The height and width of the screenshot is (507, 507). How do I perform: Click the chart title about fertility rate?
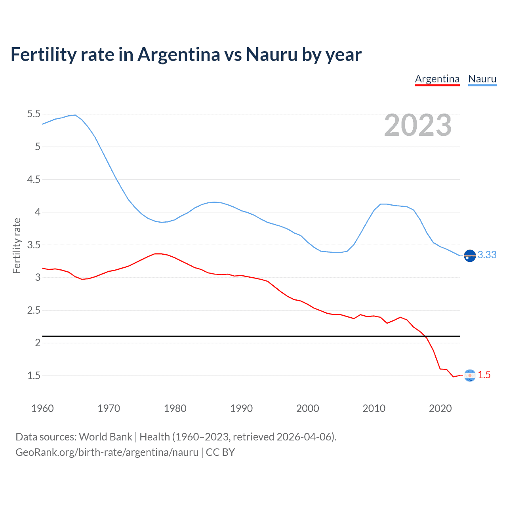186,55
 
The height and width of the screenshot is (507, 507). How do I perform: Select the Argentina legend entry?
437,79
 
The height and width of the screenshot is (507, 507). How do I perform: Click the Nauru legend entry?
482,79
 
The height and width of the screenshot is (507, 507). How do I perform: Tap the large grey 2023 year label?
417,126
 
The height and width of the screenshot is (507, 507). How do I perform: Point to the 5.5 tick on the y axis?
34,114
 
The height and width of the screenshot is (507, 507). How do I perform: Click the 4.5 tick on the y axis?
34,179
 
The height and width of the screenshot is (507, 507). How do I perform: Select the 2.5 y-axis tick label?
34,310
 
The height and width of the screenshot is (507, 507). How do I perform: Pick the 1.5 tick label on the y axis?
34,375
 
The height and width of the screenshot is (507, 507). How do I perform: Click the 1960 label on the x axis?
42,408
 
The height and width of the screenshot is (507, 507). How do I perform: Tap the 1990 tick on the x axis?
241,408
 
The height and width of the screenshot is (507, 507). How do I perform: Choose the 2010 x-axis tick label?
374,408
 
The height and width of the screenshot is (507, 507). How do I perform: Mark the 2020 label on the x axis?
440,408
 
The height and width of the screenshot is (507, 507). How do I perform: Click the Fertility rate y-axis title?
17,246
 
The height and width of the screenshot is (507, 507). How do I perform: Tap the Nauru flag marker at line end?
470,256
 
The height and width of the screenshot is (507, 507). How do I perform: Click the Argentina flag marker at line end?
470,375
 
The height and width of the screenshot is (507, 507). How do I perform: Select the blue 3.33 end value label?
487,255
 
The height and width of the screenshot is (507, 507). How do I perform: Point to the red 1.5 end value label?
484,375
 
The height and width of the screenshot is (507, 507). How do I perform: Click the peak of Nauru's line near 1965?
75,115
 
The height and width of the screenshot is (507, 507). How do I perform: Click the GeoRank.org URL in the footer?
107,452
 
